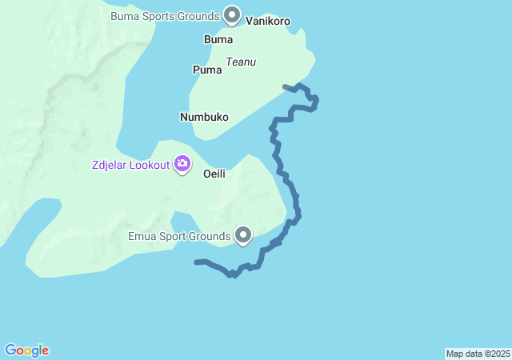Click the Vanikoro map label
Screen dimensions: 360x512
pos(268,21)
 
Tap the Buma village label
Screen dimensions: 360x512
pos(218,39)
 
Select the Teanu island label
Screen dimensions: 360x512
pos(241,62)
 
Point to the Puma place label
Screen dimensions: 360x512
pos(207,70)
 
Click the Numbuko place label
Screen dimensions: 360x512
pos(204,117)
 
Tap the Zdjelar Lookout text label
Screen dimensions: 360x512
pos(130,165)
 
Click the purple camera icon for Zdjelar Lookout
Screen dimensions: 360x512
pos(183,164)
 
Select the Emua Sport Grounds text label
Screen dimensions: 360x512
pos(178,236)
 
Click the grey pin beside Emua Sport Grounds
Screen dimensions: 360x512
pos(243,234)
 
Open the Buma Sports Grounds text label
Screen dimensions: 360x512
pos(165,16)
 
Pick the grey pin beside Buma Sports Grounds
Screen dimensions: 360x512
pos(232,14)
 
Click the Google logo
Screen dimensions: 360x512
pos(26,350)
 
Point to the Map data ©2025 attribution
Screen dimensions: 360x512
pos(478,354)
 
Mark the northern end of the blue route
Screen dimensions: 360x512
pos(285,86)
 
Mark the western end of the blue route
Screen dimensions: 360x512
pos(197,262)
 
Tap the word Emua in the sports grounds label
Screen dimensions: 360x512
pos(142,236)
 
